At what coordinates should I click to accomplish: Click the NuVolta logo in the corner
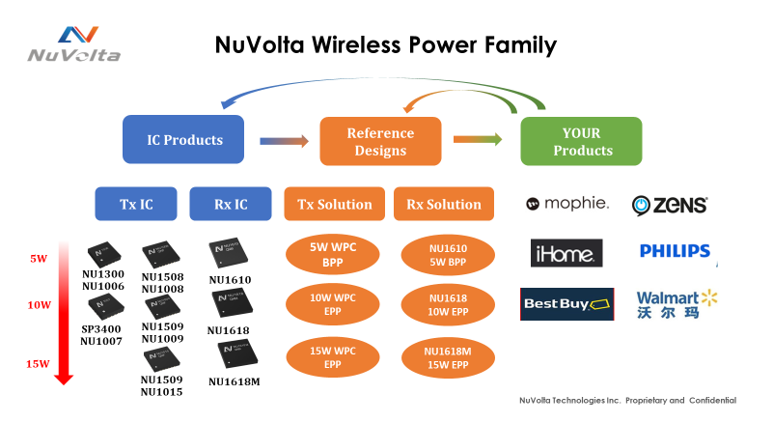(x=74, y=43)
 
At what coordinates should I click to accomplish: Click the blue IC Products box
(x=184, y=140)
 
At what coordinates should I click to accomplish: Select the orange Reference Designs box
(x=380, y=140)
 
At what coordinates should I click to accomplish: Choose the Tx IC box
(x=136, y=204)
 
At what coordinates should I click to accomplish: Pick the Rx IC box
(x=231, y=204)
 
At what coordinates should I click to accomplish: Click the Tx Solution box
(x=334, y=204)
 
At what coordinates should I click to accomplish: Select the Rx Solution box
(x=444, y=204)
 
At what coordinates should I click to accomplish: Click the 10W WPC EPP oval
(x=333, y=305)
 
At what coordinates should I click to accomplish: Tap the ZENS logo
(x=670, y=205)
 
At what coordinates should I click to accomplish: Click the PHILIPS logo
(x=675, y=252)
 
